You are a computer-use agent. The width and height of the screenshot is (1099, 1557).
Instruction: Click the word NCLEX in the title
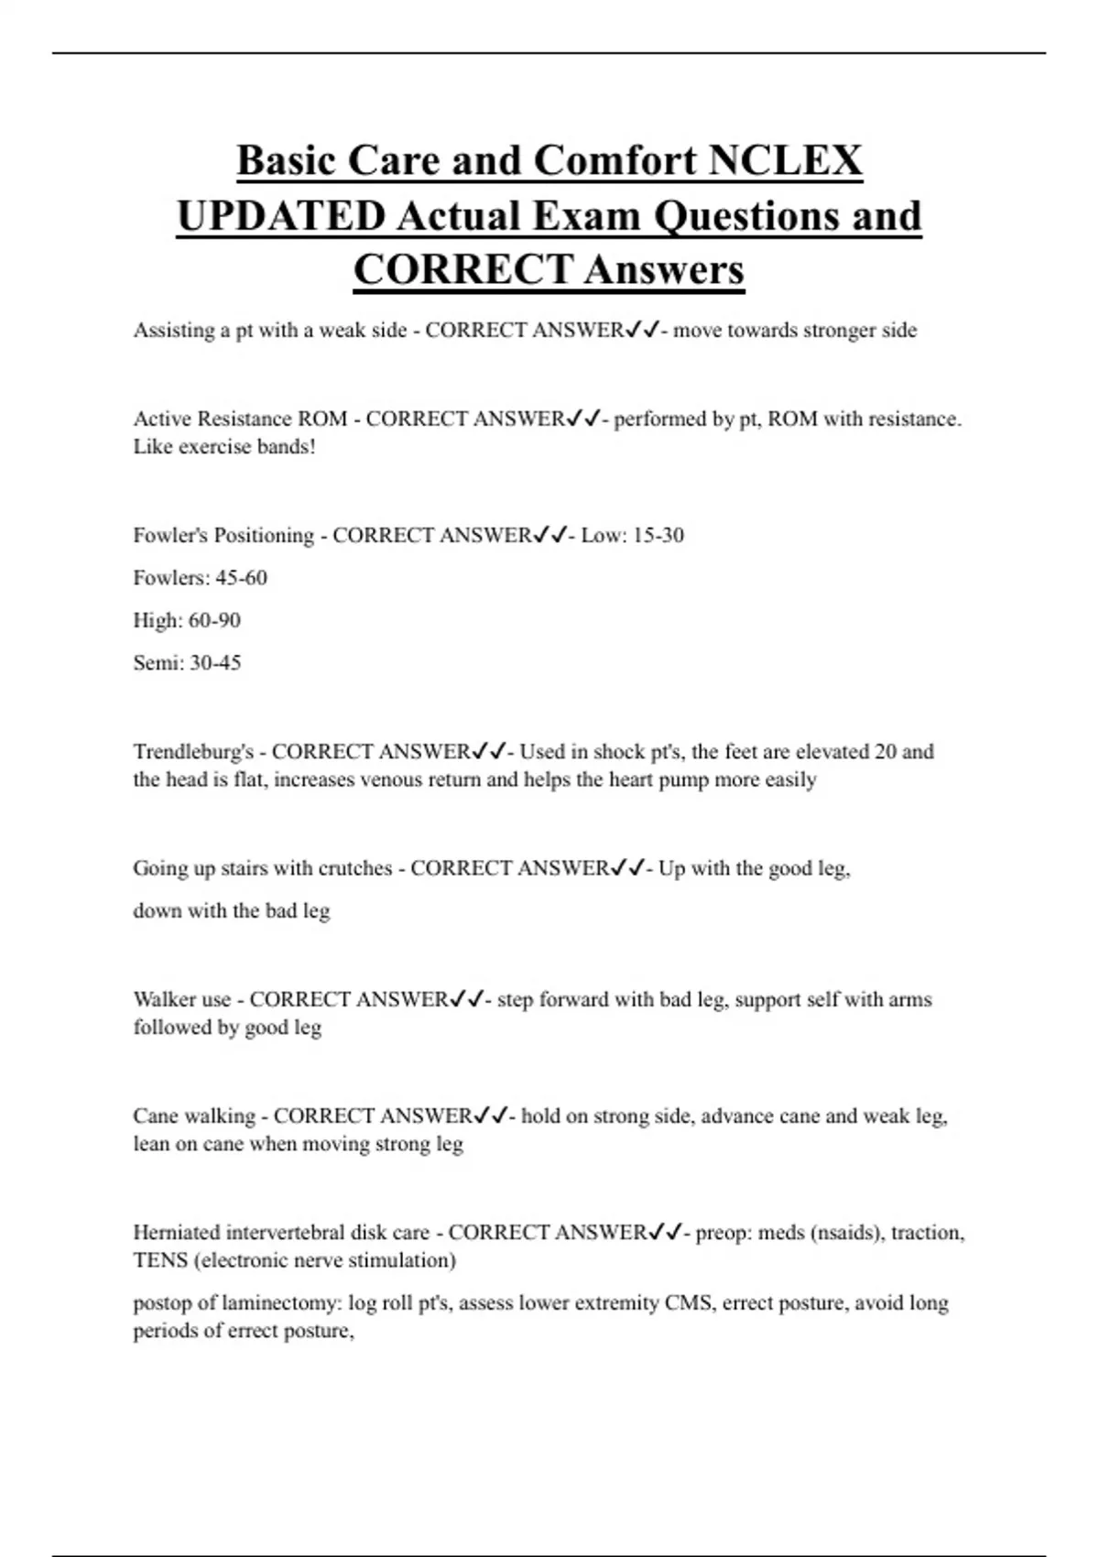point(785,160)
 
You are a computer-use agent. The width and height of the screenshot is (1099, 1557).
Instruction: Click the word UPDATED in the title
point(281,216)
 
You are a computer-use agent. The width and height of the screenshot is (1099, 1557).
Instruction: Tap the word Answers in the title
point(664,270)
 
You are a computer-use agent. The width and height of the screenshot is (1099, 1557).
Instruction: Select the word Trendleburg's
point(193,752)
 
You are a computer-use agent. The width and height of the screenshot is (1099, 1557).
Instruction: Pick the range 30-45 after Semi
point(215,663)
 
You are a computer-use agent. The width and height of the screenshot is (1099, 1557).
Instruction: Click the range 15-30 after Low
point(658,536)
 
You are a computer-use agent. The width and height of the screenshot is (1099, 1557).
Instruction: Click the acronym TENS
point(160,1260)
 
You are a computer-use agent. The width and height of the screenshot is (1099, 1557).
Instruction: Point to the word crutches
point(351,868)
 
